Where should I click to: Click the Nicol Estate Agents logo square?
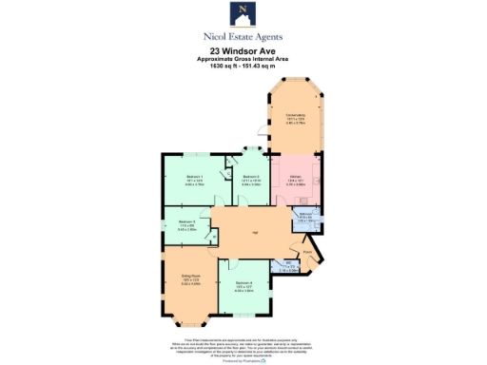coord(243,13)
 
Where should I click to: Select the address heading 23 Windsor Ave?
coord(243,51)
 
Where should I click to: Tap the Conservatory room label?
coord(295,115)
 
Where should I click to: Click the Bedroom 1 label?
coord(194,177)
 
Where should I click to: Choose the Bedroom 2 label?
coord(250,177)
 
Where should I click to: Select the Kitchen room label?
coord(296,177)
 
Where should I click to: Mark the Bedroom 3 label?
coord(186,221)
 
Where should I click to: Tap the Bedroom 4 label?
coord(244,282)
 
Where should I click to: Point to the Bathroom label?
coord(306,216)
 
